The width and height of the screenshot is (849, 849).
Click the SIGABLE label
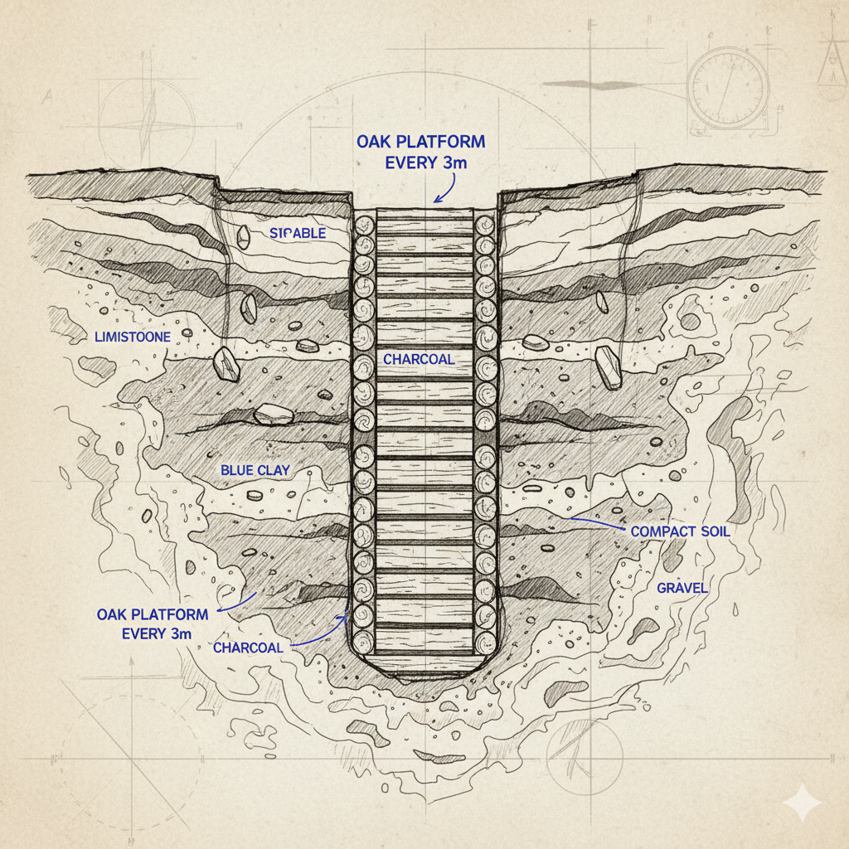coord(298,234)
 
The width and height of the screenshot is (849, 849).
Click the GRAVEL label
coord(682,588)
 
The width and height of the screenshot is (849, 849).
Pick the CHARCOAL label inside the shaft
coord(420,359)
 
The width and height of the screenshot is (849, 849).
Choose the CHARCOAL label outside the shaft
coord(248,648)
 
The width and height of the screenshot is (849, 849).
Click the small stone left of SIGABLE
coord(243,236)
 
